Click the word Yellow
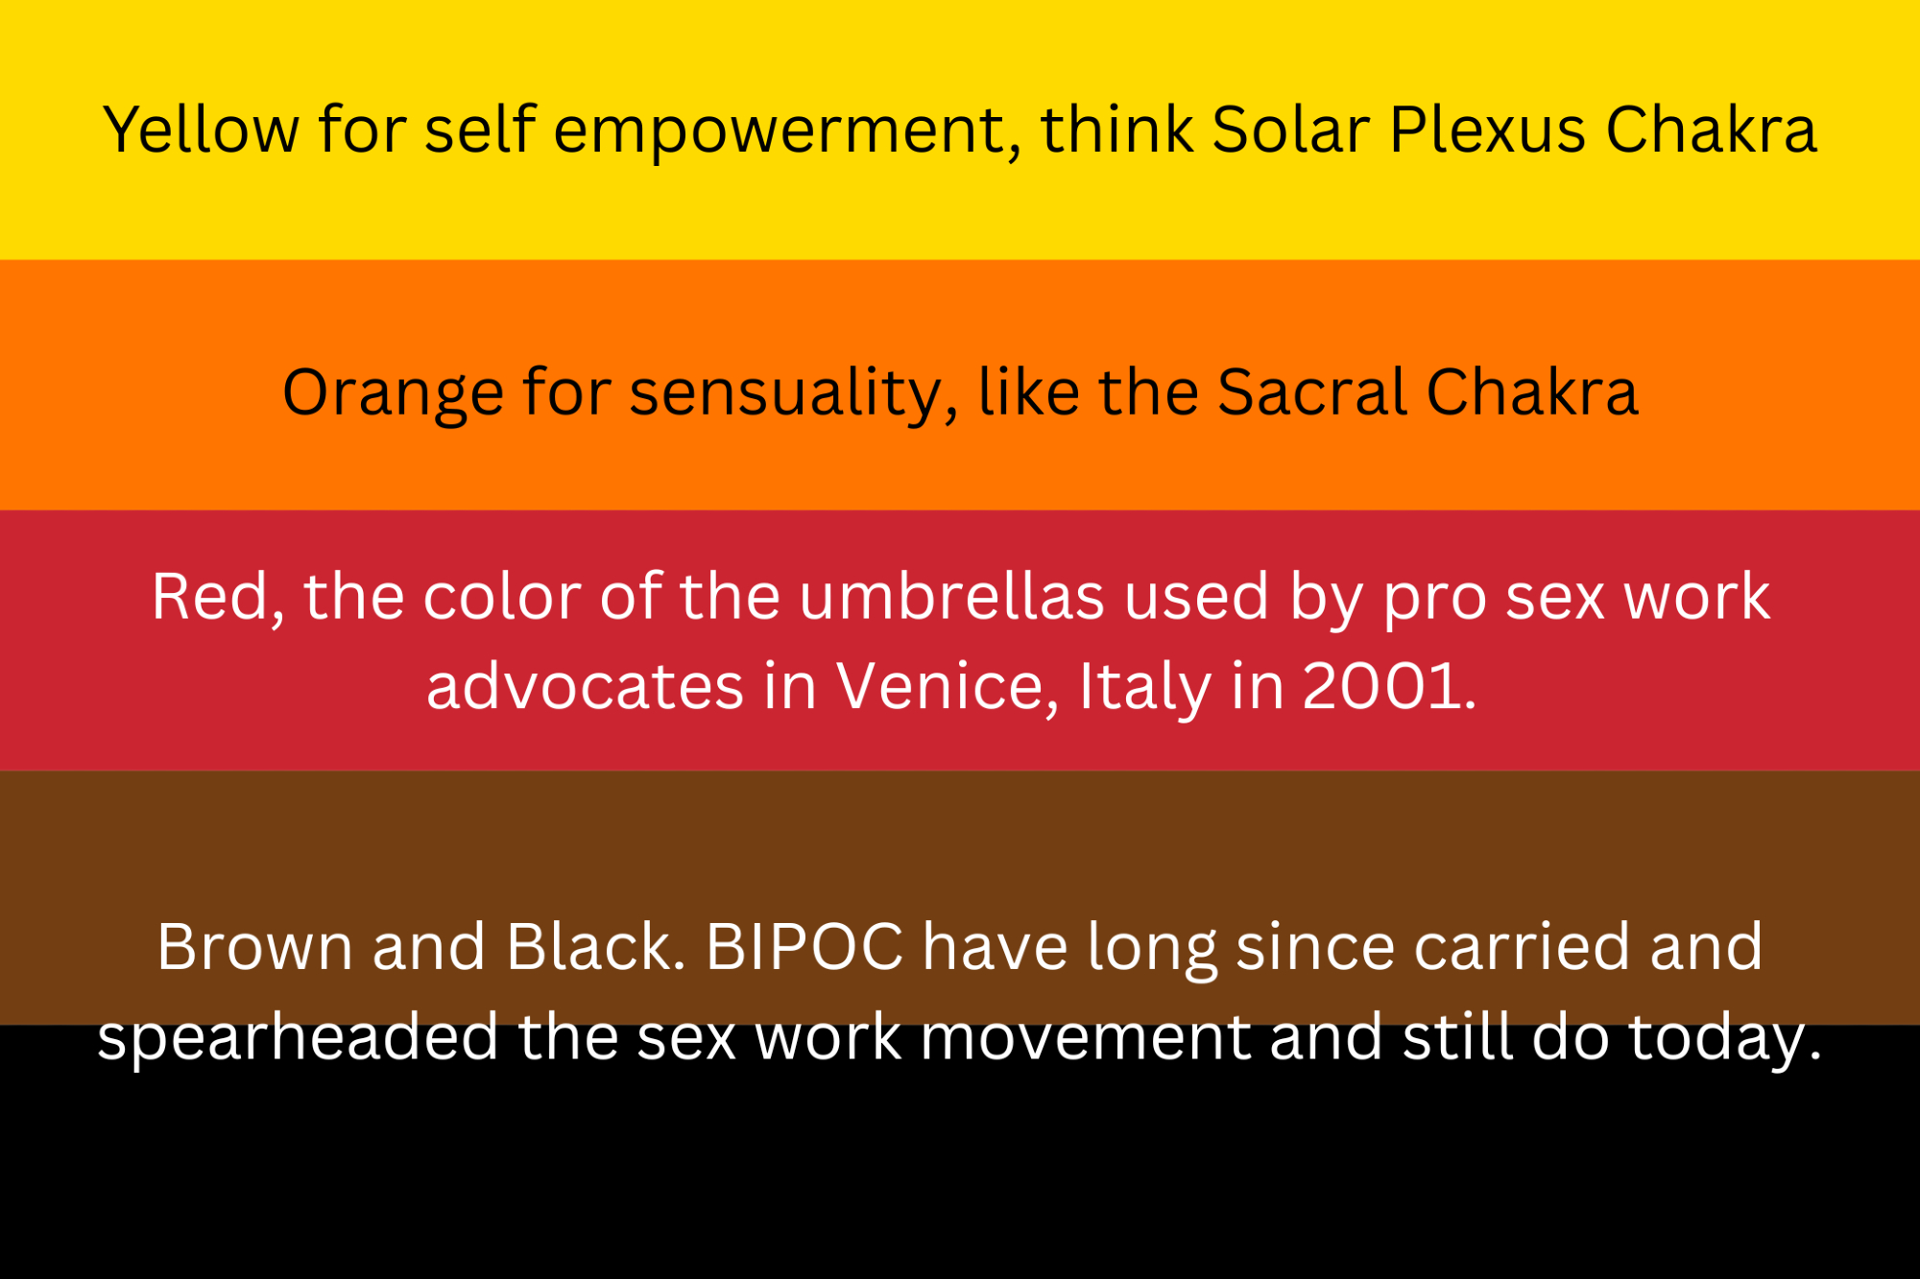pyautogui.click(x=202, y=130)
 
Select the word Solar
pyautogui.click(x=1291, y=130)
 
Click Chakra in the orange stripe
pyautogui.click(x=1532, y=392)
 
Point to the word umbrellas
pyautogui.click(x=951, y=597)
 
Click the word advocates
pyautogui.click(x=586, y=686)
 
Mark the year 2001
pyautogui.click(x=1389, y=687)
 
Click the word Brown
pyautogui.click(x=255, y=948)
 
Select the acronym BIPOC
pyautogui.click(x=804, y=948)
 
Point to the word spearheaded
pyautogui.click(x=299, y=1038)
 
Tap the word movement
pyautogui.click(x=1086, y=1039)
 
